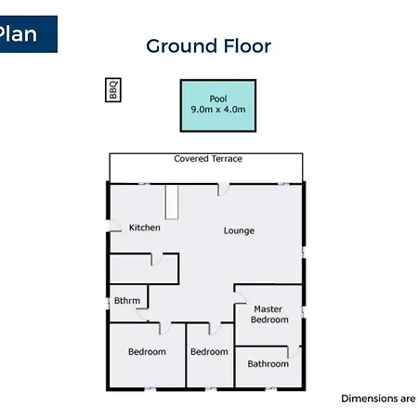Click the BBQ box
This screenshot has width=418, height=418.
coord(113,90)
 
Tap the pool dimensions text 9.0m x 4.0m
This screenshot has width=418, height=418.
coord(218,110)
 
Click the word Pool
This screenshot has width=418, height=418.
coord(218,98)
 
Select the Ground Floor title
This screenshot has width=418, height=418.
coord(209,46)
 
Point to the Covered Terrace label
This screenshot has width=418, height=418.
coord(208,159)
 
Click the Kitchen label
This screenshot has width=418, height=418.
coord(145,228)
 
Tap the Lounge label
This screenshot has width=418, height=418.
coord(239,230)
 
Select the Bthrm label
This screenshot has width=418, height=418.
coord(127,300)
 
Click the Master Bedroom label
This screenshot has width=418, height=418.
coord(269,314)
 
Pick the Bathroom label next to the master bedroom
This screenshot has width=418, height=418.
coord(268,363)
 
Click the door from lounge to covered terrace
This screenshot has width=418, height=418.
coord(223,189)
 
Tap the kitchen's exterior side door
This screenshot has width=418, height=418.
coord(114,226)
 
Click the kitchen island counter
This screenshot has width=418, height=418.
coord(172,202)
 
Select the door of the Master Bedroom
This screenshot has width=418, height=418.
coord(241,297)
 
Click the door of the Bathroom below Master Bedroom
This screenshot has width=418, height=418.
coord(294,352)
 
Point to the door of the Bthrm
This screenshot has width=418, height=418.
coord(142,315)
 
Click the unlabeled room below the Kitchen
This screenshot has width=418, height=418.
coord(144,268)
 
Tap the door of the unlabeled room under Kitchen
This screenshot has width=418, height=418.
coord(157,259)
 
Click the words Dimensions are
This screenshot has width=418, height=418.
coord(378,398)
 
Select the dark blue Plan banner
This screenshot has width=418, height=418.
coord(29,34)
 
